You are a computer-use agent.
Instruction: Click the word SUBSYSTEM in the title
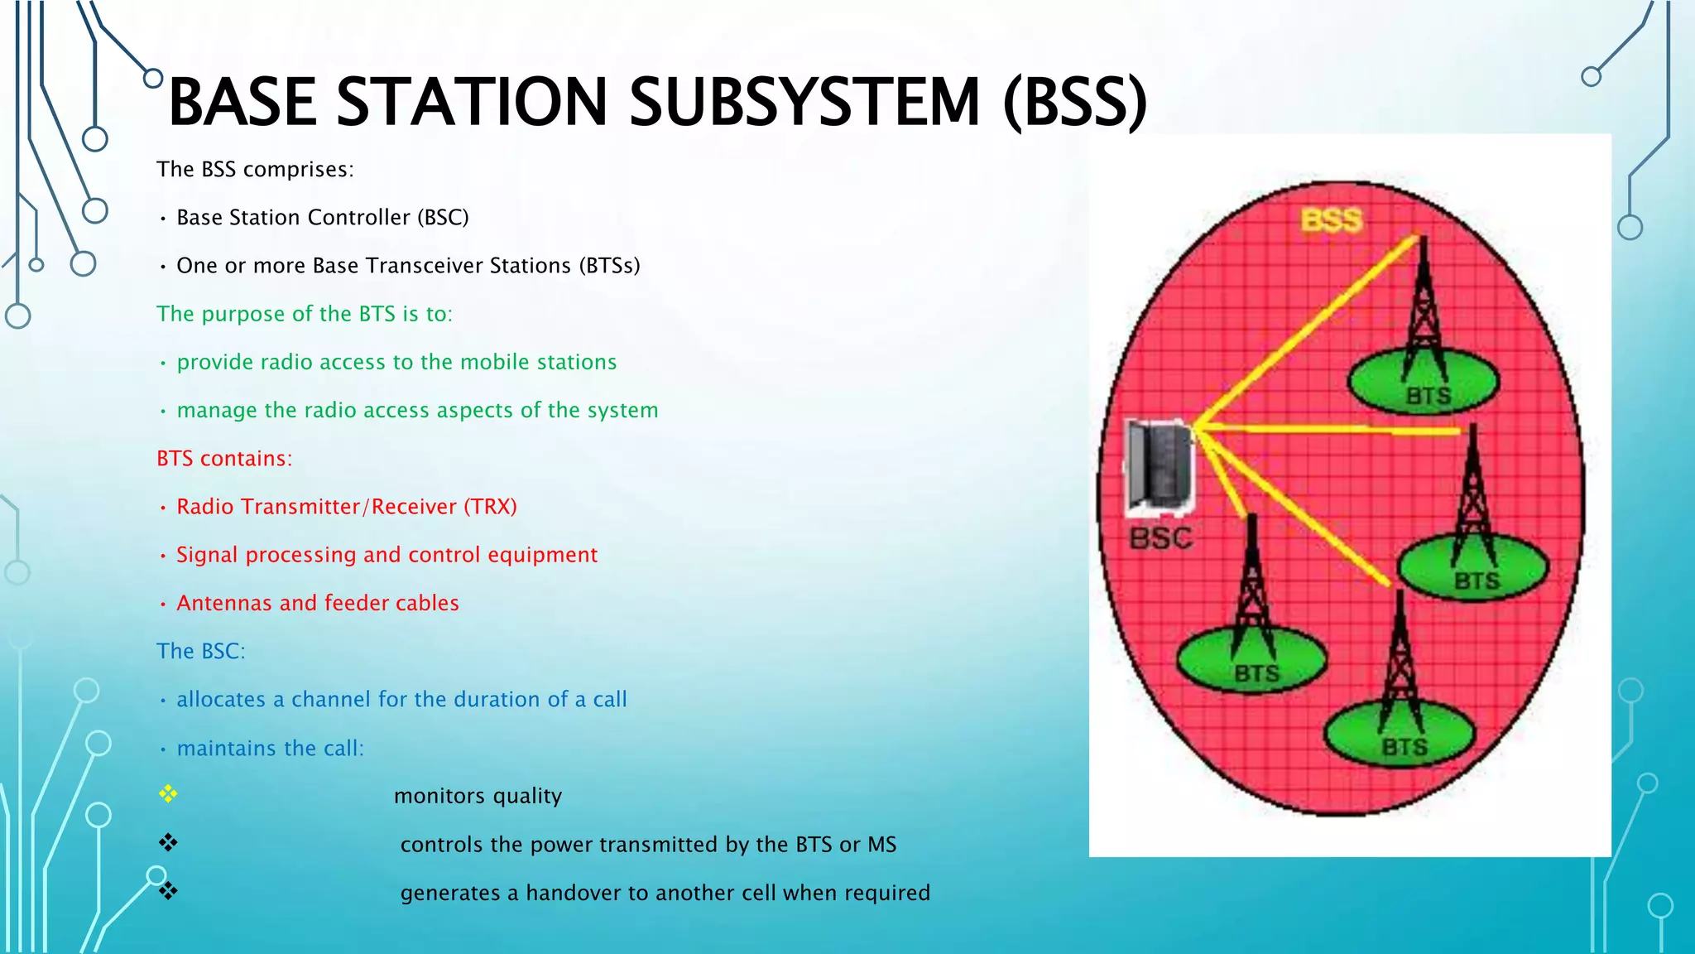804,103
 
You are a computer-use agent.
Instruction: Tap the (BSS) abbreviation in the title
1074,103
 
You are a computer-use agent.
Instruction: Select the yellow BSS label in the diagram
1331,220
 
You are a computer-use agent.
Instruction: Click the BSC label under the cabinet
1161,539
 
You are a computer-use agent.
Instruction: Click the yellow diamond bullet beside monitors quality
168,795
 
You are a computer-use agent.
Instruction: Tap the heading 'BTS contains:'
224,459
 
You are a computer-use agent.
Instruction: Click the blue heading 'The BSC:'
201,652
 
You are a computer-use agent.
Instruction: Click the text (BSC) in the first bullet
443,218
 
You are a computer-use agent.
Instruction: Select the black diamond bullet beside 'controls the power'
168,843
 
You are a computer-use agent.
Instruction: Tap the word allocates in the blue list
221,700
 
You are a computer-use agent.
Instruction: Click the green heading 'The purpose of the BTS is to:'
305,315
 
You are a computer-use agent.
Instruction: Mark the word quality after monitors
526,797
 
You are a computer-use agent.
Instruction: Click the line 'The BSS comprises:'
255,170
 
